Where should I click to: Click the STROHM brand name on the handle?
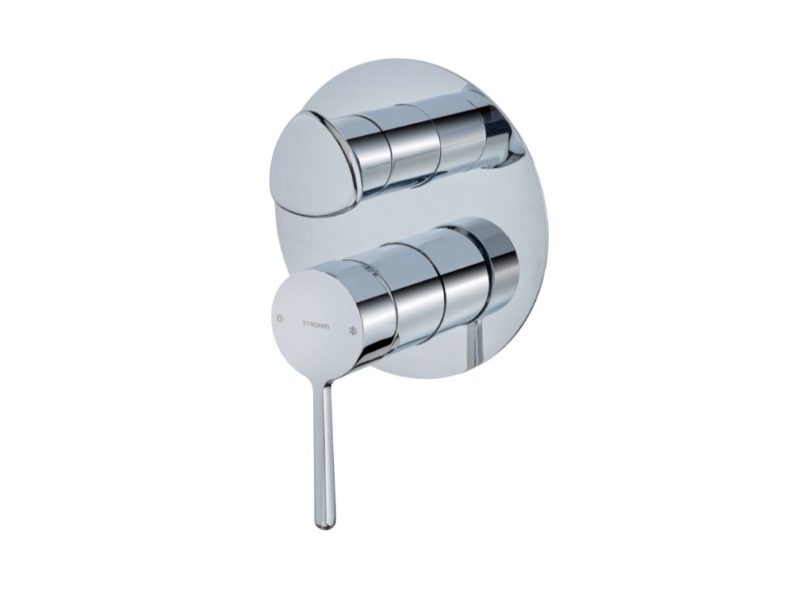click(319, 324)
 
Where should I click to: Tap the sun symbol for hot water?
click(280, 318)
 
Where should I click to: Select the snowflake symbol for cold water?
click(354, 331)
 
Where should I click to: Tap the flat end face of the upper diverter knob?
click(313, 165)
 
